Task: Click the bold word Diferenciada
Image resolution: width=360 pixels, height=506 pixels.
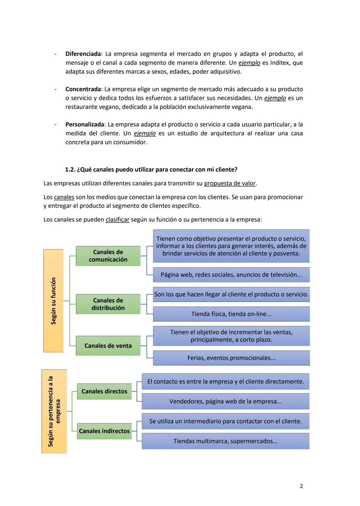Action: tap(83, 54)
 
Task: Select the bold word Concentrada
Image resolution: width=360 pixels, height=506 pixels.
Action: tap(83, 89)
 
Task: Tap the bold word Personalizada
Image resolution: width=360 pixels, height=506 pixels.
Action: tap(85, 125)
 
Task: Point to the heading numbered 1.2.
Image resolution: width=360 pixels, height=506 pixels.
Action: tap(151, 170)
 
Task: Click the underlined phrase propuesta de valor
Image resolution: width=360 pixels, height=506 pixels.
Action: tap(230, 184)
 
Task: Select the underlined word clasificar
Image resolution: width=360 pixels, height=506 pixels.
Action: tap(117, 220)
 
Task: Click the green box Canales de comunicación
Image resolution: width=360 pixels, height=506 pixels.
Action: tap(108, 256)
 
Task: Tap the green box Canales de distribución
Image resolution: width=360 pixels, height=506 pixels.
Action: tap(108, 304)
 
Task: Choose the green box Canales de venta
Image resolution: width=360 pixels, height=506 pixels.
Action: tap(108, 346)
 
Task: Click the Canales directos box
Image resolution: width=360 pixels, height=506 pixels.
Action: tap(104, 391)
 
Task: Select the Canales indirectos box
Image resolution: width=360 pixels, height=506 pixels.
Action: tap(104, 431)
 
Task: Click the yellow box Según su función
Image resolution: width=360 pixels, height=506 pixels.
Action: tap(53, 301)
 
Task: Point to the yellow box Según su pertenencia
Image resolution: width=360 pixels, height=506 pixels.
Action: tap(54, 411)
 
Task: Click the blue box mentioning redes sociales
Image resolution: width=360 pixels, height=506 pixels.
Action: tap(231, 275)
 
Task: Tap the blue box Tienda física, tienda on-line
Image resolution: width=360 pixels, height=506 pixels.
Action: tap(231, 314)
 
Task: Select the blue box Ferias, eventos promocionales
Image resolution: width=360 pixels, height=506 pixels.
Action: tap(231, 358)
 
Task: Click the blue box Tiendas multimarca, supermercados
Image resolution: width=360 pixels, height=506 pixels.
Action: tap(225, 441)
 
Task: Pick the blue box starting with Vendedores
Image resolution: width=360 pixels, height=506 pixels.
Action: tap(225, 401)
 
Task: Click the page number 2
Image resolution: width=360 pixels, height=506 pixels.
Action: tap(301, 486)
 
